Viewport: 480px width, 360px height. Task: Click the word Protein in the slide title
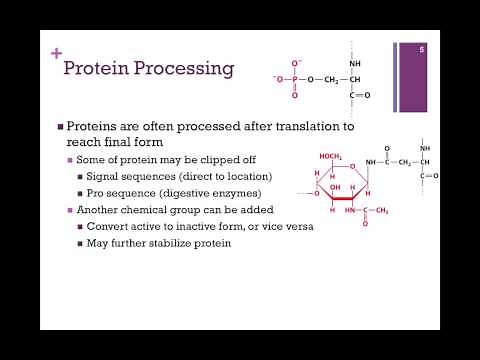coord(95,68)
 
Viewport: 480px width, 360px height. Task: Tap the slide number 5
coord(422,49)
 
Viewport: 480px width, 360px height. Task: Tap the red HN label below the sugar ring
coord(348,209)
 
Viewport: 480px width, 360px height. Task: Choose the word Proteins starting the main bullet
coord(91,127)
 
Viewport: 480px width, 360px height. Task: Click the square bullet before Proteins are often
coord(59,127)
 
